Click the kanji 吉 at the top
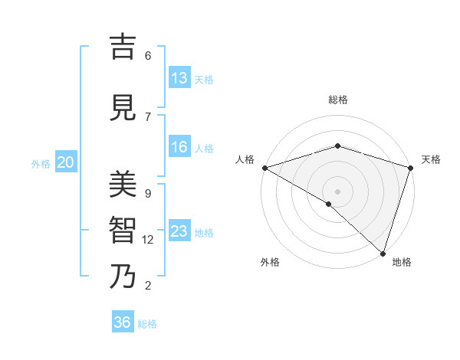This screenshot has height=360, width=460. (123, 47)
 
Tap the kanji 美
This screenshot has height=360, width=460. (123, 184)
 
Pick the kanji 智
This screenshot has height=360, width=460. (123, 230)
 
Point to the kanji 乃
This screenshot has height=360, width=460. (123, 276)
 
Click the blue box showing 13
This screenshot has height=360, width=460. (179, 78)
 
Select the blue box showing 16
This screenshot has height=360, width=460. (179, 147)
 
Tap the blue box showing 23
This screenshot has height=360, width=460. (179, 231)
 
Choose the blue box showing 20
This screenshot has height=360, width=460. (66, 162)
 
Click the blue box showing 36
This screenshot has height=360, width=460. (123, 322)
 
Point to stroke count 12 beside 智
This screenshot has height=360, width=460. (148, 240)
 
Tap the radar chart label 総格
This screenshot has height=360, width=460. (337, 100)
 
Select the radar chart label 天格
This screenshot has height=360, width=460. (431, 159)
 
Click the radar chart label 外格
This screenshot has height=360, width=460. (270, 262)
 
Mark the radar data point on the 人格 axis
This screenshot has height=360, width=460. (264, 168)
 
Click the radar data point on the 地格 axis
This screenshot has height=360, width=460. (383, 254)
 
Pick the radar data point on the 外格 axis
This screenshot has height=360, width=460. (329, 204)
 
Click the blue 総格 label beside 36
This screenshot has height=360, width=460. (147, 324)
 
